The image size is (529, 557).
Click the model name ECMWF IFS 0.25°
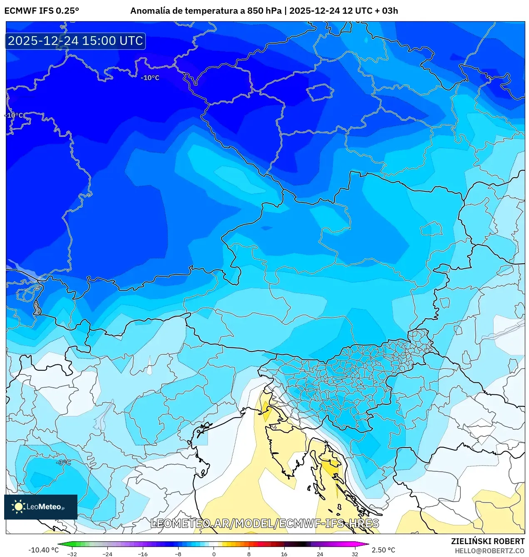pyautogui.click(x=42, y=11)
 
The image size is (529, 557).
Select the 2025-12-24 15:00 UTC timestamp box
pyautogui.click(x=75, y=41)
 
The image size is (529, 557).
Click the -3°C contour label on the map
pyautogui.click(x=64, y=462)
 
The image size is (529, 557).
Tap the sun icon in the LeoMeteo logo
pyautogui.click(x=18, y=506)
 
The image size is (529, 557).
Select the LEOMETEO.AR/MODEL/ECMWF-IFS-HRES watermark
pyautogui.click(x=265, y=523)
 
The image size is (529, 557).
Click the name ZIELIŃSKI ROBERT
pyautogui.click(x=488, y=541)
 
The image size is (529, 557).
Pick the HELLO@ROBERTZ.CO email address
pyautogui.click(x=489, y=551)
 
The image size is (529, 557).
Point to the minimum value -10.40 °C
pyautogui.click(x=43, y=550)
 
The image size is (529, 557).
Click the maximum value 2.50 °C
pyautogui.click(x=383, y=550)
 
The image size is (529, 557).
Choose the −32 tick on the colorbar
pyautogui.click(x=72, y=554)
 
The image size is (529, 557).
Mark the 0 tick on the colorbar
pyautogui.click(x=214, y=554)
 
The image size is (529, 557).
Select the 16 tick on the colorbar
pyautogui.click(x=284, y=554)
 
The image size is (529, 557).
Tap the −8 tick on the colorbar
pyautogui.click(x=178, y=554)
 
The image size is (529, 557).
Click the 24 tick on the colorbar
pyautogui.click(x=320, y=554)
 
